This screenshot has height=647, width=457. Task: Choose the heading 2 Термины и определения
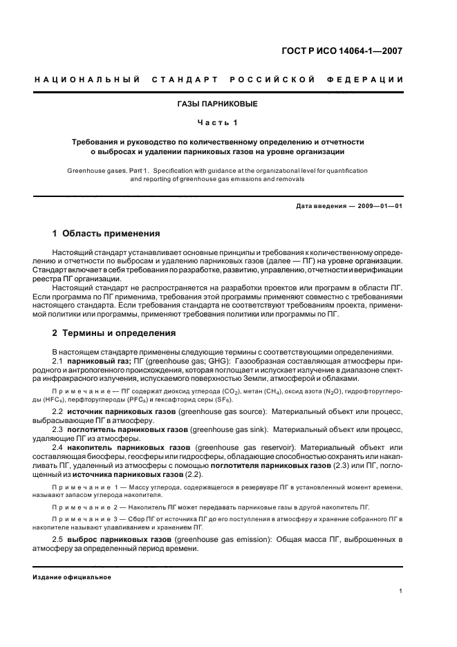click(114, 332)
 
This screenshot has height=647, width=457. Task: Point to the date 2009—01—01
click(374, 207)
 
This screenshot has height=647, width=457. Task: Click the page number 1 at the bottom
click(401, 591)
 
